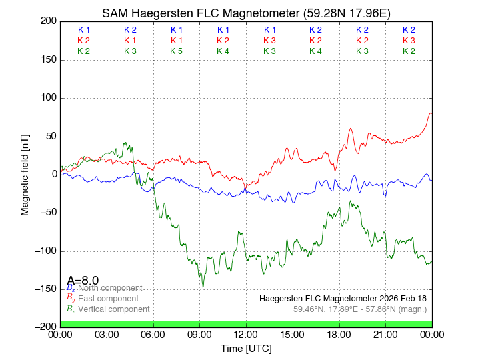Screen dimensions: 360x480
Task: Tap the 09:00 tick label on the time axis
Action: point(199,334)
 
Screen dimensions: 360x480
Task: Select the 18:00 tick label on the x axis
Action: point(339,334)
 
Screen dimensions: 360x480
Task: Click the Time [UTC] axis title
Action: point(246,348)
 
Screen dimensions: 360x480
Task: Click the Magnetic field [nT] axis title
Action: point(25,174)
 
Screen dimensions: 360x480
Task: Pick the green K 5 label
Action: point(176,51)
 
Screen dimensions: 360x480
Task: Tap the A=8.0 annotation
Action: point(83,281)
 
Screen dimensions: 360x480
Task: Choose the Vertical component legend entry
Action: point(111,309)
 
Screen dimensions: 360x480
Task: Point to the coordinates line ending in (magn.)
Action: point(359,309)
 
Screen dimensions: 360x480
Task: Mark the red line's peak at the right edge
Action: point(431,113)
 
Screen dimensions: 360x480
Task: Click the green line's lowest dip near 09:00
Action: point(203,287)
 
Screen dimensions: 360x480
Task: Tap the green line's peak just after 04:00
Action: point(125,142)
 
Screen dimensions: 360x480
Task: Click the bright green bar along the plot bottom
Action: point(246,324)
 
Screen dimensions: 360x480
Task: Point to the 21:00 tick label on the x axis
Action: point(385,334)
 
